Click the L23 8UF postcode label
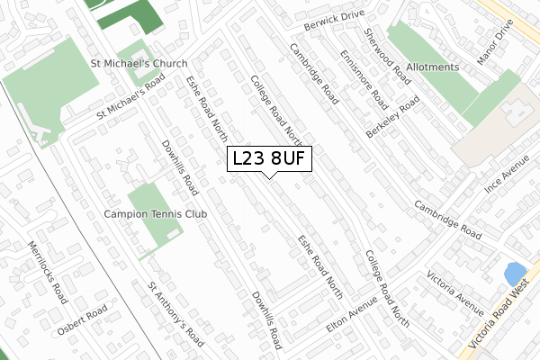pyautogui.click(x=270, y=158)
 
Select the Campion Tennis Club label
pyautogui.click(x=155, y=214)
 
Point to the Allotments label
pyautogui.click(x=432, y=67)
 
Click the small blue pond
pyautogui.click(x=515, y=273)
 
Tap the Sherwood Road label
pyautogui.click(x=388, y=55)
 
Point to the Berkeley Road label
pyautogui.click(x=393, y=118)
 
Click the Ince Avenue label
pyautogui.click(x=506, y=178)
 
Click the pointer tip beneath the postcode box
pyautogui.click(x=270, y=175)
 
